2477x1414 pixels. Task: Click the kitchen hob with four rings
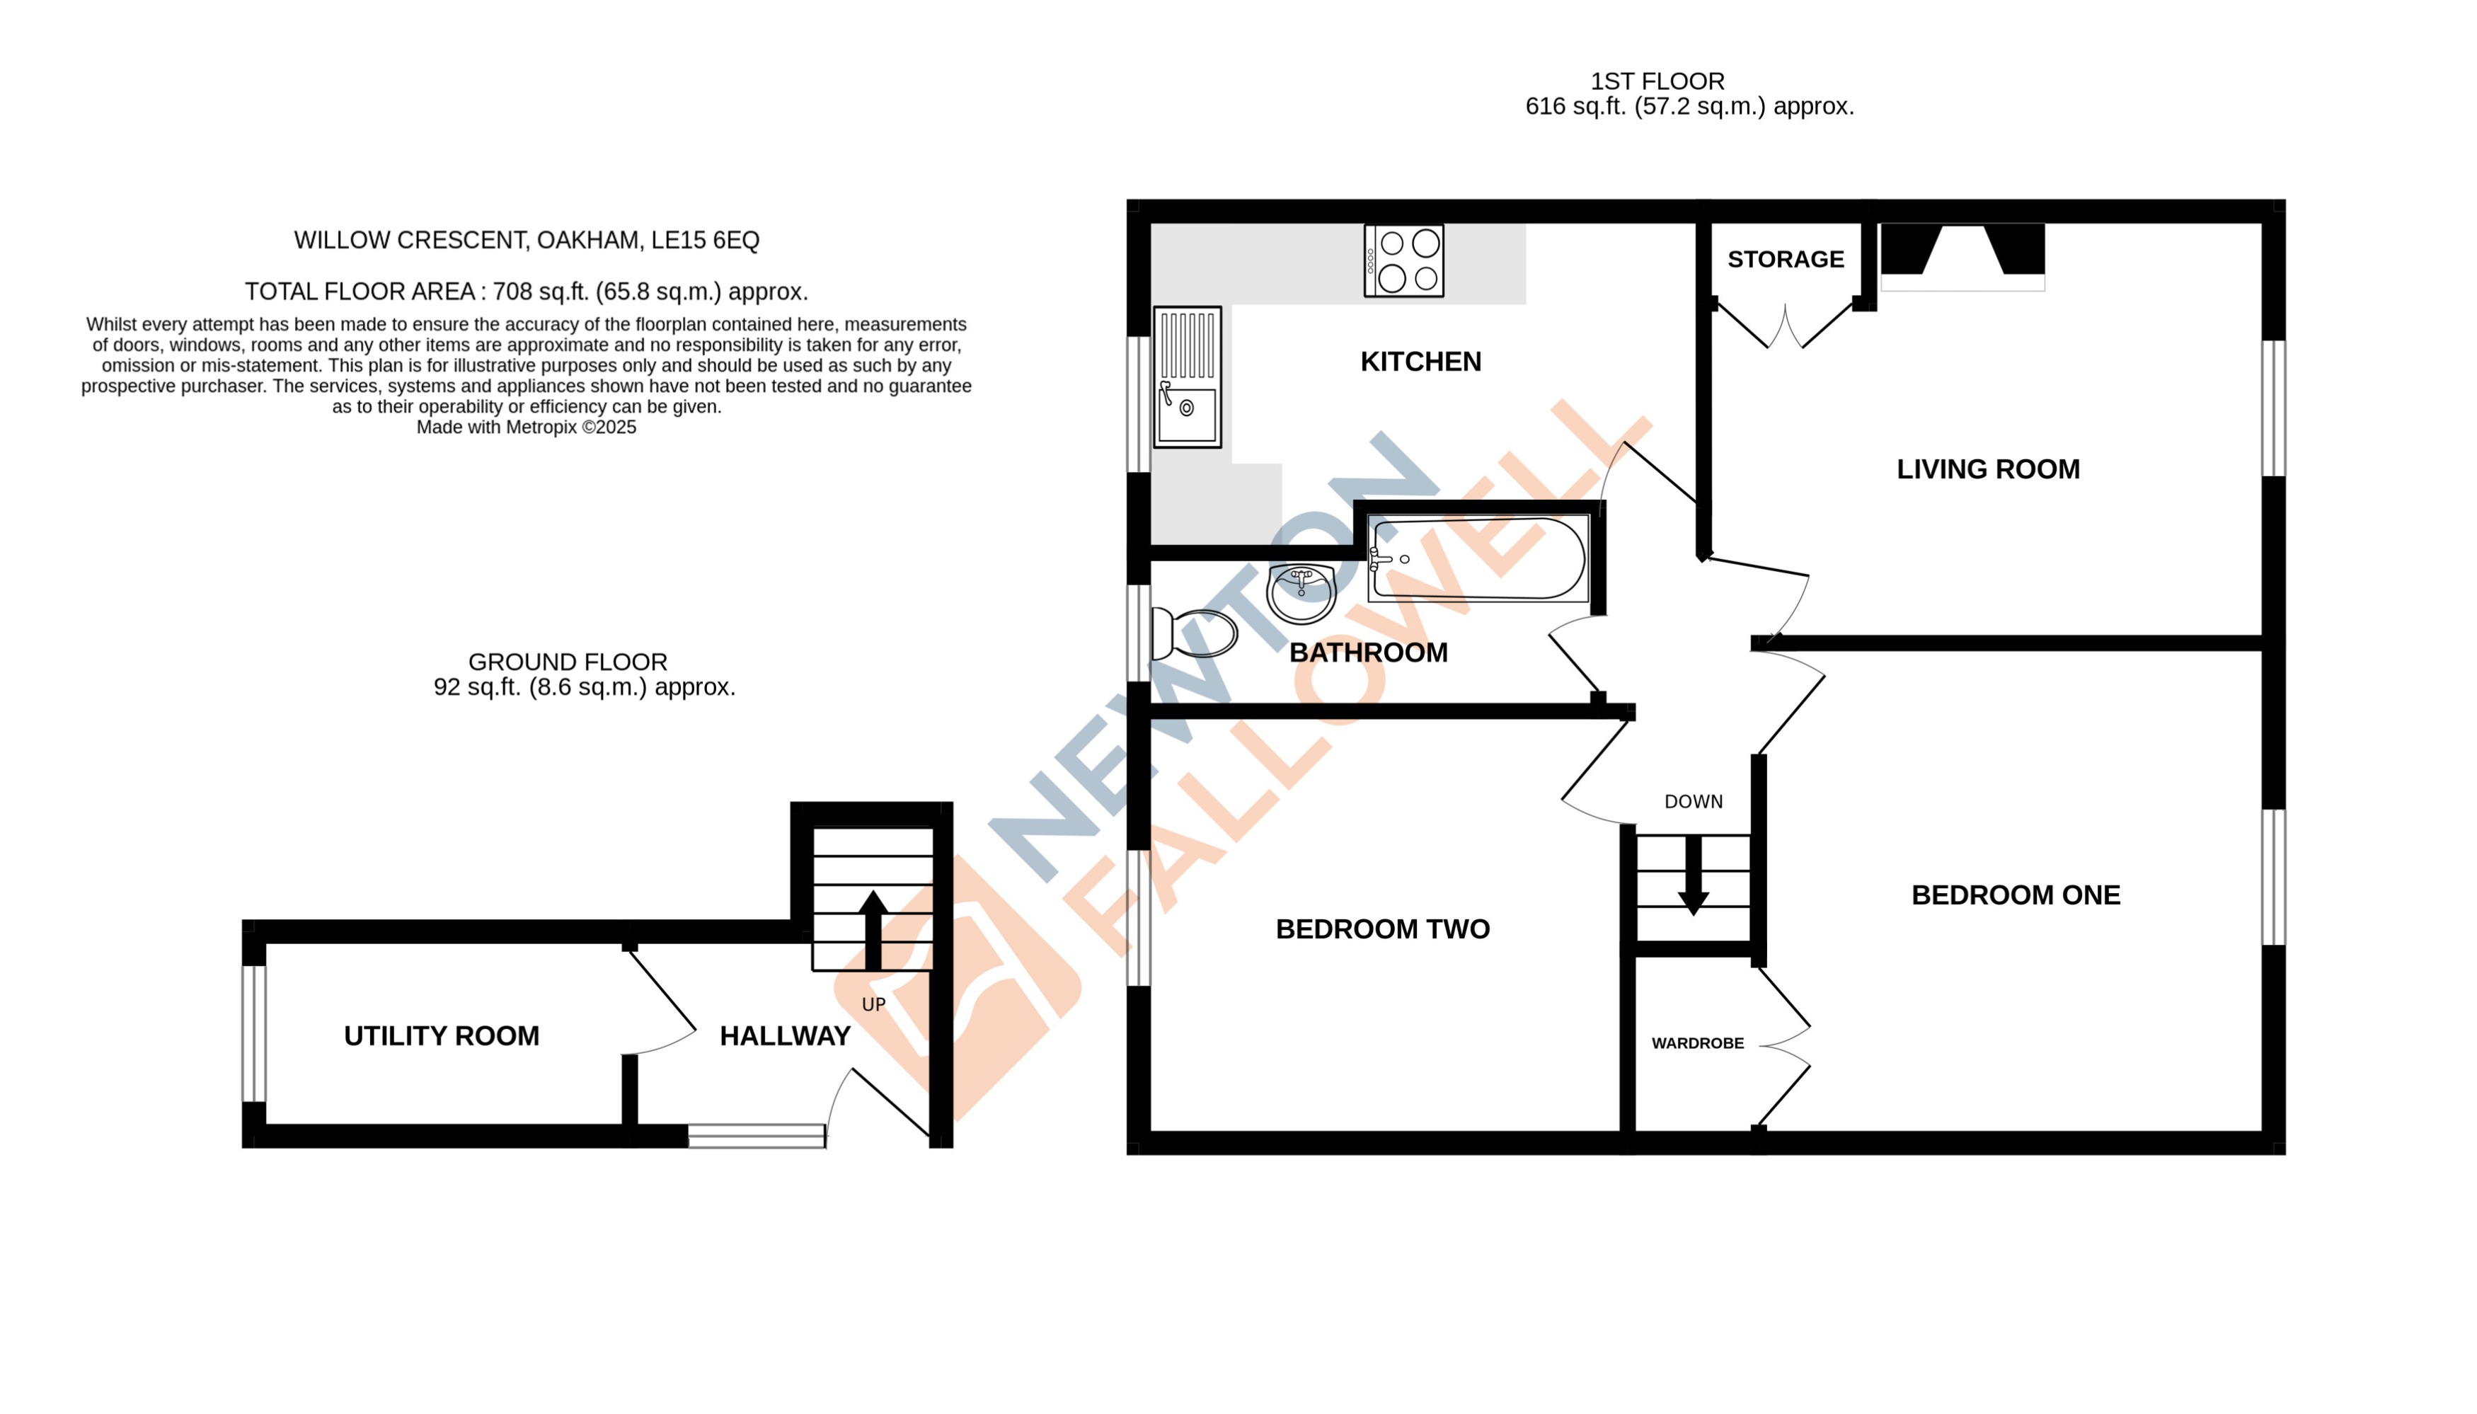[x=1402, y=260]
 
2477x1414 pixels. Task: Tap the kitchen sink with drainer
[x=1185, y=377]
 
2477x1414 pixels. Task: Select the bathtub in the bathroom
[x=1477, y=558]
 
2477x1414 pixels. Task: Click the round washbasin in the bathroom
[x=1300, y=592]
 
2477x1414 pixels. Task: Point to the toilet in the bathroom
[x=1193, y=634]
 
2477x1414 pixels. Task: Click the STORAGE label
[x=1785, y=259]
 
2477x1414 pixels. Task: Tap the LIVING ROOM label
[x=1987, y=469]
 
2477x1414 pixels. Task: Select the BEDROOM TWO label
[x=1381, y=929]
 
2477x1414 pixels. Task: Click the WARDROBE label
[x=1696, y=1043]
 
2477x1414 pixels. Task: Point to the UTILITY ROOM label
[x=441, y=1035]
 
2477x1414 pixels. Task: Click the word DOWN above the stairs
[x=1692, y=801]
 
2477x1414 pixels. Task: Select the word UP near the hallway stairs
[x=873, y=1004]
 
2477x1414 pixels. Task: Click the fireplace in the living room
[x=1961, y=255]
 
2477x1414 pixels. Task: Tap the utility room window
[x=253, y=1033]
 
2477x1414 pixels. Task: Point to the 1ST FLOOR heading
[x=1657, y=81]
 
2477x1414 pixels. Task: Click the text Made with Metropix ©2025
[x=525, y=427]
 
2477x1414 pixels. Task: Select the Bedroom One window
[x=2272, y=876]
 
